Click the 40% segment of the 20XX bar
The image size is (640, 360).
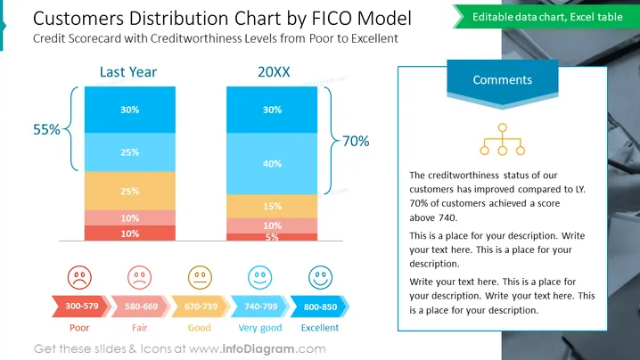tap(272, 163)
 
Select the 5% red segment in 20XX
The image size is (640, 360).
tap(272, 237)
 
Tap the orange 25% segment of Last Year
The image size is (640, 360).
tap(130, 191)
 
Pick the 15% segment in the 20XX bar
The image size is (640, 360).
tap(272, 206)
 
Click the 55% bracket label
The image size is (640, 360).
tap(46, 129)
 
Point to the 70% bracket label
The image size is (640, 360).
tap(356, 141)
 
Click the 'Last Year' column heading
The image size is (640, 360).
tap(128, 72)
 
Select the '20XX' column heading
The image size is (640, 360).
tap(274, 72)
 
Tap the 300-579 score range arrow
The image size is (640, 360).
tap(81, 307)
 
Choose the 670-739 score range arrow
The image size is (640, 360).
tap(201, 307)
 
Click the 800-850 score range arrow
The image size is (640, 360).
tap(320, 307)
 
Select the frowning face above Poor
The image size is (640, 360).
tap(79, 277)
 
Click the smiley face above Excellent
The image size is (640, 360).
tap(320, 277)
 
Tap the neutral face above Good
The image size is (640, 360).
tap(200, 277)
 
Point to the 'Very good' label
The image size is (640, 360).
tap(260, 328)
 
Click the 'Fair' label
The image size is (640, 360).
tap(140, 328)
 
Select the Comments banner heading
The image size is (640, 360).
tap(503, 80)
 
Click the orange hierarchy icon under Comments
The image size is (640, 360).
tap(503, 139)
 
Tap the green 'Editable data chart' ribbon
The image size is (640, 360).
tap(546, 17)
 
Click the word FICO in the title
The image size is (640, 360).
tap(330, 19)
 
